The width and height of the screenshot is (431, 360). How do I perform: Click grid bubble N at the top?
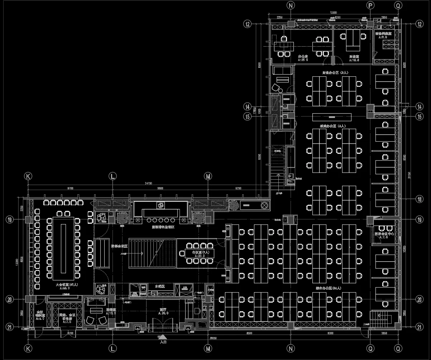tap(291, 5)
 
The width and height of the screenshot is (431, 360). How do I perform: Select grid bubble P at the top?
tap(370, 5)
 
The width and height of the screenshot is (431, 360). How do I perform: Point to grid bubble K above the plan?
tap(28, 176)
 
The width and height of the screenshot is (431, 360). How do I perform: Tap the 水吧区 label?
tap(159, 286)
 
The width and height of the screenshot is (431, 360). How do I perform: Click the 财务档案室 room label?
tap(383, 33)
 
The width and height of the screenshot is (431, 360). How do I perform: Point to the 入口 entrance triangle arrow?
tap(163, 337)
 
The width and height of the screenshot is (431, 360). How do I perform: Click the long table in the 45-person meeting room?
tap(64, 248)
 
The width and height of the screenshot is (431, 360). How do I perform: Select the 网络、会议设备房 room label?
tap(67, 317)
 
